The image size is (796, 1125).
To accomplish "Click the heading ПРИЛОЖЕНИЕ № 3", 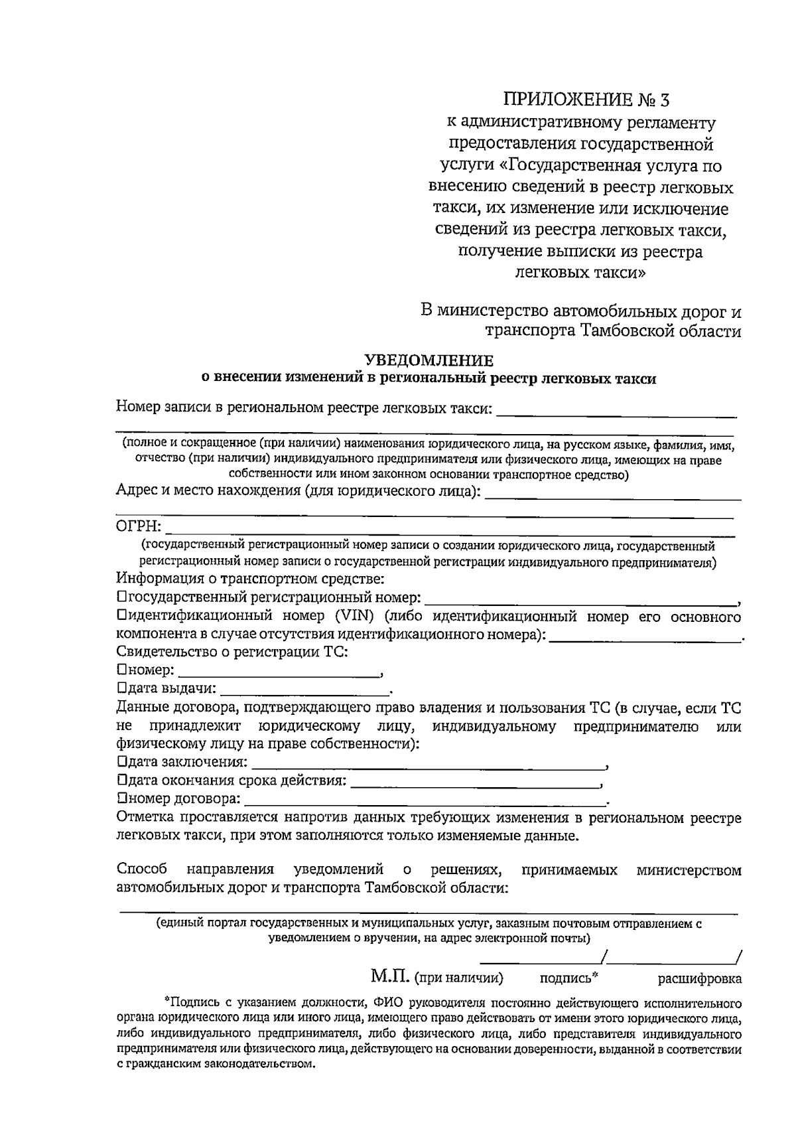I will pos(586,100).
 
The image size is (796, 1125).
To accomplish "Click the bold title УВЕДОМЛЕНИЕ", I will pos(430,360).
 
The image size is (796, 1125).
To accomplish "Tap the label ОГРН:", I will pos(139,527).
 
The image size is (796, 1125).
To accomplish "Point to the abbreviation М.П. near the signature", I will pos(390,976).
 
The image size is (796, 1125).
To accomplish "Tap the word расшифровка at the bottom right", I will pos(699,978).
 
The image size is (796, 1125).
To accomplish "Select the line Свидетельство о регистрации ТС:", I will pos(232,652).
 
